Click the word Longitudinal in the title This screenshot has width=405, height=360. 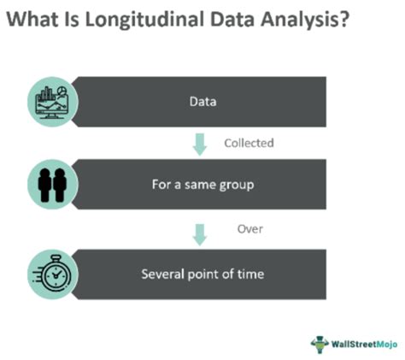(144, 20)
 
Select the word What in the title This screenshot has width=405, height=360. (32, 20)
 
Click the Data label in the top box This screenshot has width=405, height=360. (202, 102)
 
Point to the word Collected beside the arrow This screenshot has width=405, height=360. (249, 143)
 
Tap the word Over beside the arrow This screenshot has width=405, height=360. (249, 229)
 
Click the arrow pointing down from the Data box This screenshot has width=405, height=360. (200, 145)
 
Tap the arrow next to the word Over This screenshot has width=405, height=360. (200, 234)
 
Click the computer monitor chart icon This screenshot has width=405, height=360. (52, 102)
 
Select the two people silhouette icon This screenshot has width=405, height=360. (52, 185)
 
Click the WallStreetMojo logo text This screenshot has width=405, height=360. (364, 344)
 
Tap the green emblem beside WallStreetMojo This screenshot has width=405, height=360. (320, 345)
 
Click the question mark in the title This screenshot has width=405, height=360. (344, 20)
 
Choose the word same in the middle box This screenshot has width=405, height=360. (200, 186)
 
